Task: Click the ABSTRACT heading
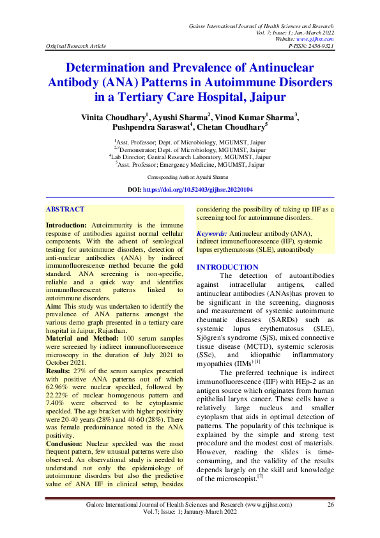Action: pos(65,209)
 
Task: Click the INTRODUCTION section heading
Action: pos(227,266)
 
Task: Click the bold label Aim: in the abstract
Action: pos(54,306)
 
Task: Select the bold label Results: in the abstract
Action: pos(59,370)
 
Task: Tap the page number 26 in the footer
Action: pos(331,505)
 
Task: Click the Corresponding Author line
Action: pos(190,176)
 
